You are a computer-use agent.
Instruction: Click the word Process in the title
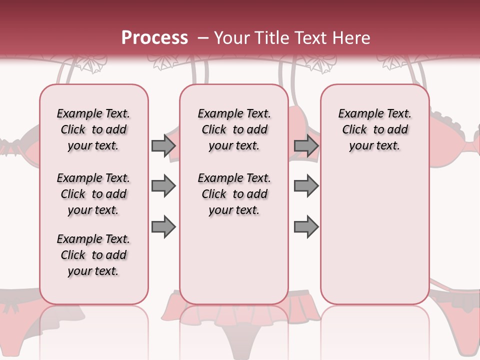pyautogui.click(x=154, y=37)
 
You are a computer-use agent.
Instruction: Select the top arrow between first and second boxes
pyautogui.click(x=163, y=146)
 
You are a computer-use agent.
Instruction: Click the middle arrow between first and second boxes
pyautogui.click(x=163, y=186)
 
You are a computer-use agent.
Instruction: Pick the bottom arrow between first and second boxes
pyautogui.click(x=163, y=226)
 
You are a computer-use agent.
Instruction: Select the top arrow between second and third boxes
pyautogui.click(x=306, y=146)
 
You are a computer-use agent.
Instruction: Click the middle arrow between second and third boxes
pyautogui.click(x=306, y=186)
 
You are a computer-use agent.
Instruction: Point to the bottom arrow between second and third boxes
pyautogui.click(x=306, y=226)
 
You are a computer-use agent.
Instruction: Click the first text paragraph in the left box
pyautogui.click(x=93, y=129)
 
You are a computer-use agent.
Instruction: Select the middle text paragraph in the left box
pyautogui.click(x=93, y=194)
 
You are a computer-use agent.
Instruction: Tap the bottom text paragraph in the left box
pyautogui.click(x=93, y=255)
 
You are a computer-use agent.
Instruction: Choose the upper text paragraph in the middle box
pyautogui.click(x=234, y=129)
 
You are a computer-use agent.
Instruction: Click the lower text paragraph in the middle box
pyautogui.click(x=234, y=194)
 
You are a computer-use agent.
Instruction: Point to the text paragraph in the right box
pyautogui.click(x=375, y=129)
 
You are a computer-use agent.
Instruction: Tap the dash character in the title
pyautogui.click(x=202, y=37)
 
